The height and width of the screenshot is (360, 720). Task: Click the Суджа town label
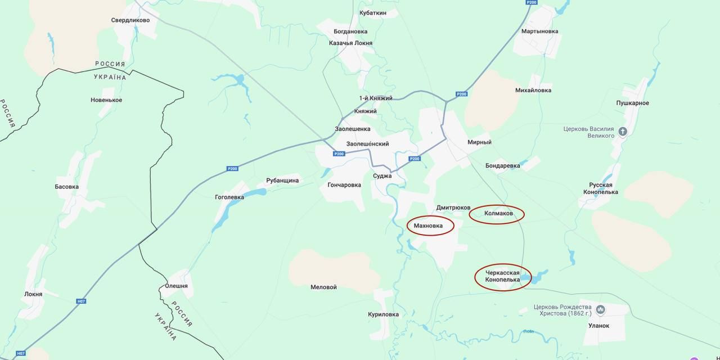(x=382, y=176)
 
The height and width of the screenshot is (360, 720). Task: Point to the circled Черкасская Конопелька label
(x=502, y=276)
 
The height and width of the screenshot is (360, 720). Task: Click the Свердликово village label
(x=130, y=20)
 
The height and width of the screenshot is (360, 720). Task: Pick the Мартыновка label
(x=539, y=31)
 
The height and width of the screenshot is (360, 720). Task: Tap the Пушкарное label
(x=632, y=103)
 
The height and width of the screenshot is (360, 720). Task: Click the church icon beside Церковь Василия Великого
(x=623, y=132)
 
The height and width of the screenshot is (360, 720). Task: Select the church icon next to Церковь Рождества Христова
(x=600, y=310)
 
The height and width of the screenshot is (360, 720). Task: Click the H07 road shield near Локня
(x=82, y=301)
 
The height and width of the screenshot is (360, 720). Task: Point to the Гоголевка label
(x=229, y=197)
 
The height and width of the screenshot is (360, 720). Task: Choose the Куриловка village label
(x=383, y=314)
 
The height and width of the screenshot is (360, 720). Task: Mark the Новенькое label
(x=106, y=100)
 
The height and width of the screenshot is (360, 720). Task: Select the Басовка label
(x=67, y=187)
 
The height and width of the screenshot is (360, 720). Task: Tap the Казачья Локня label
(x=350, y=43)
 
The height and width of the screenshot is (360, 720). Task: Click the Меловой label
(x=323, y=287)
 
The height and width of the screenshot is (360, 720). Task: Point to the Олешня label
(x=176, y=286)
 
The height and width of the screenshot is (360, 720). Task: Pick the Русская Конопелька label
(x=604, y=188)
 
